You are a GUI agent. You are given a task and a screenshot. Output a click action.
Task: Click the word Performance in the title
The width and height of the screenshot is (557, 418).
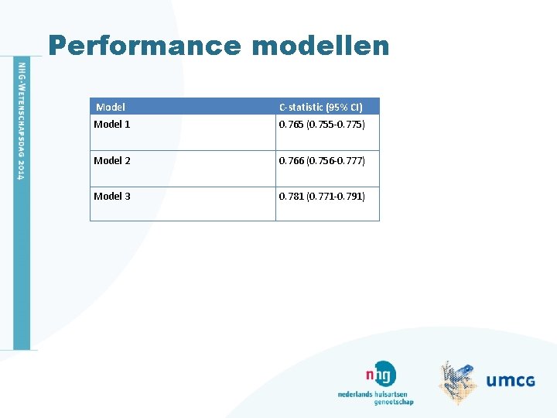click(x=145, y=46)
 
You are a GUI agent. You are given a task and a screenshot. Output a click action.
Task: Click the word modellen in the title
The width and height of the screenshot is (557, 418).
click(x=320, y=46)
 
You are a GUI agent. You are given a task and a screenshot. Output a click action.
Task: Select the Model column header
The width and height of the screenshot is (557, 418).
click(x=111, y=107)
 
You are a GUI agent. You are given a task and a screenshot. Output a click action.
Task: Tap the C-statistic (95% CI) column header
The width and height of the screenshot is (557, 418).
click(x=320, y=107)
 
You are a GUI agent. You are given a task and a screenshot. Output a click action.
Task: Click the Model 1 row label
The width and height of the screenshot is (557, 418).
click(x=112, y=125)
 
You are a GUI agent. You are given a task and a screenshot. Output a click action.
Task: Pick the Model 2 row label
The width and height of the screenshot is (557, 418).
click(x=112, y=160)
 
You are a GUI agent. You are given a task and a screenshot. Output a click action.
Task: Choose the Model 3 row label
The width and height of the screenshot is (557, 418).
click(x=112, y=196)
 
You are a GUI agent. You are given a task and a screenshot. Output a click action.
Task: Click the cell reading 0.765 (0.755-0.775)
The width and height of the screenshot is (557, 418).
click(x=322, y=125)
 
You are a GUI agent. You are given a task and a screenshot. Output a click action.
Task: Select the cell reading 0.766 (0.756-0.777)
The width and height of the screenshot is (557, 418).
click(x=322, y=160)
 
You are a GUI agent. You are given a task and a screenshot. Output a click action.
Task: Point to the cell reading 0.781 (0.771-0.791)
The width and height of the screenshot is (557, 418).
click(x=322, y=196)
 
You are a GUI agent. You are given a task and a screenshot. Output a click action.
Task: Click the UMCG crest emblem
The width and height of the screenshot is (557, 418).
click(x=458, y=381)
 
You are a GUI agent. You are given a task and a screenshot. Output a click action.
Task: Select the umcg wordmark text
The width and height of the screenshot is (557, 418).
click(x=511, y=380)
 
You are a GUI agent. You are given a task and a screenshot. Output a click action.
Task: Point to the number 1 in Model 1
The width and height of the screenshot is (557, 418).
click(x=128, y=125)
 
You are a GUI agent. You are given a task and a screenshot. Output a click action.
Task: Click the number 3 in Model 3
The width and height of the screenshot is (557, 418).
click(x=128, y=196)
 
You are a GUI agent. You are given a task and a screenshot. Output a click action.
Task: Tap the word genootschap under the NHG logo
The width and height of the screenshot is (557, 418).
click(x=394, y=402)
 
